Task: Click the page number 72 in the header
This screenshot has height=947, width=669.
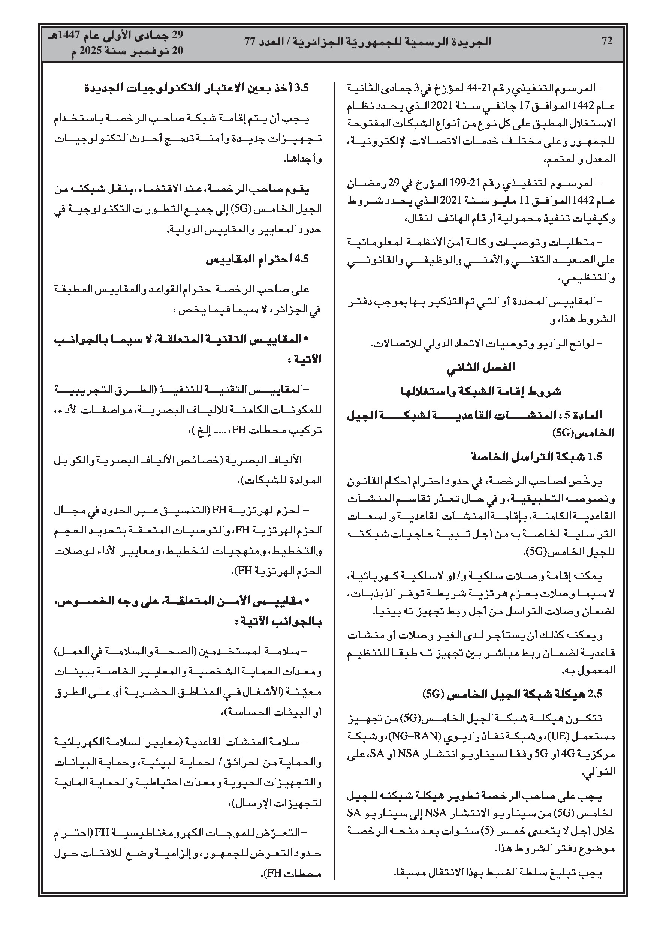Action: pos(607,41)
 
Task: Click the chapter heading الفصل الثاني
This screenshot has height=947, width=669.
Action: pos(481,367)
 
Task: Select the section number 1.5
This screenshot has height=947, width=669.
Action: pos(595,457)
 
